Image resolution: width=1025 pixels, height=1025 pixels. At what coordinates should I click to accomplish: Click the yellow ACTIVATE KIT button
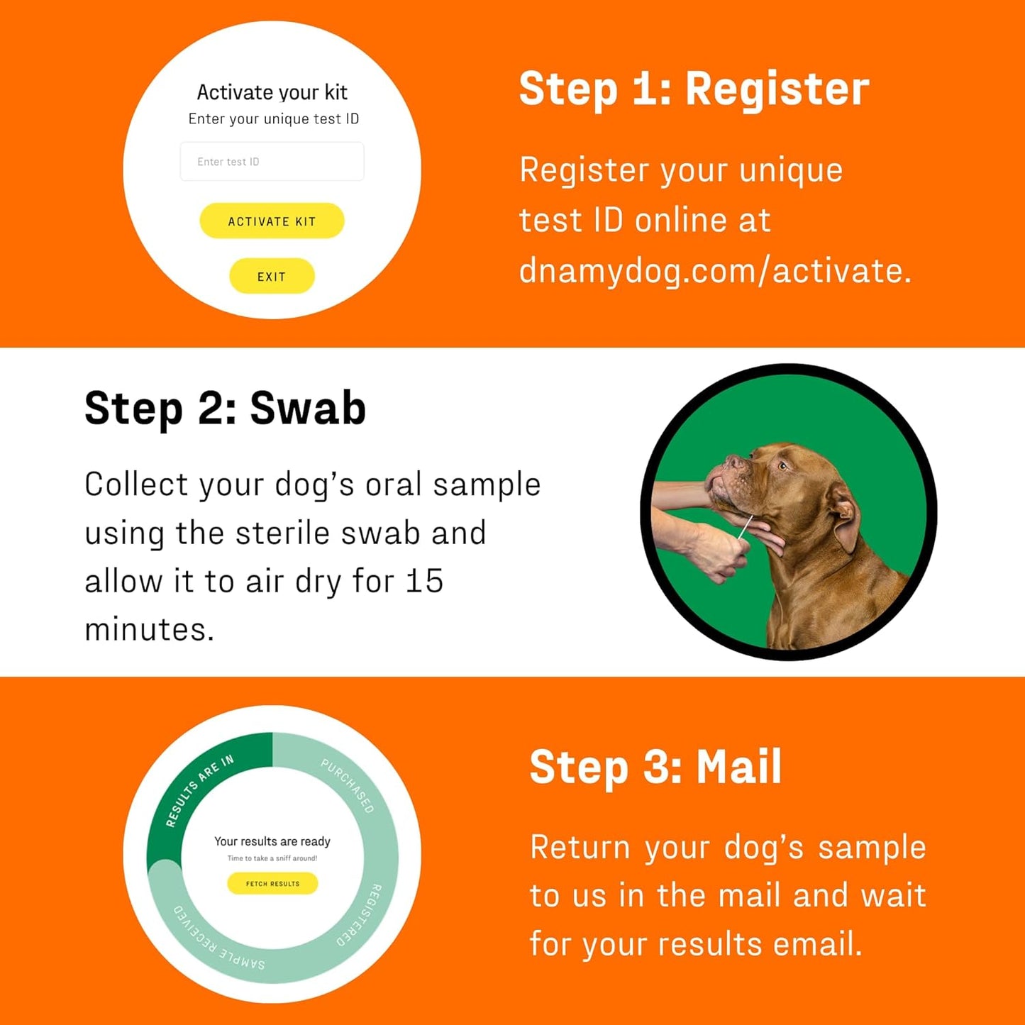tap(272, 221)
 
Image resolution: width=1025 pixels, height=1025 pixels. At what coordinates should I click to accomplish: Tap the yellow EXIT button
tap(272, 277)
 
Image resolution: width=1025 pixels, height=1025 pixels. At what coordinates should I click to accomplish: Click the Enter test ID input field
tap(272, 162)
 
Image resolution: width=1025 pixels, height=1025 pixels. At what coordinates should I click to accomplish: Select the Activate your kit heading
tap(272, 92)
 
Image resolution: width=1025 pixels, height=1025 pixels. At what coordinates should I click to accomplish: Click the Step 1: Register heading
tap(694, 89)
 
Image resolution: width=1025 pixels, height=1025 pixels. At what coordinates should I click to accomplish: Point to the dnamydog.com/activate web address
tap(714, 271)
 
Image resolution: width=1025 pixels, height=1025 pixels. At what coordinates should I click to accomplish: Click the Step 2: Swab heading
tap(225, 409)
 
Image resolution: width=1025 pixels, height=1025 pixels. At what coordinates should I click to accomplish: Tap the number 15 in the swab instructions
tap(424, 582)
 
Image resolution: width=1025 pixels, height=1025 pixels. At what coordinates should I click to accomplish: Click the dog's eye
tap(782, 466)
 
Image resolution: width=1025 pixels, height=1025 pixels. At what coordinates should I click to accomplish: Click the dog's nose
tap(731, 462)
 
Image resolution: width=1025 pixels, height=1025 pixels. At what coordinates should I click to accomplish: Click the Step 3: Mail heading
tap(655, 768)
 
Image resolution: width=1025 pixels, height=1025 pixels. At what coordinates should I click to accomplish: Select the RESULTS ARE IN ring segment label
tap(199, 790)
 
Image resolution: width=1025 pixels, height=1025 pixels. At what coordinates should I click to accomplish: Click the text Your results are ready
tap(272, 841)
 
